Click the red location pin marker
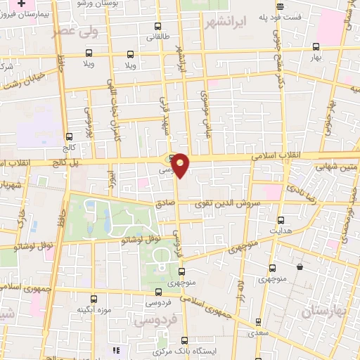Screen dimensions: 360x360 coord(181,165)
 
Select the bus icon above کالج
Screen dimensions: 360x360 coord(69,137)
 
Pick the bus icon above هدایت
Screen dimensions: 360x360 coord(281,219)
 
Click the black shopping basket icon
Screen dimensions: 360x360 coord(300,267)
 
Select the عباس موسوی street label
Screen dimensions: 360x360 coord(207,113)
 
